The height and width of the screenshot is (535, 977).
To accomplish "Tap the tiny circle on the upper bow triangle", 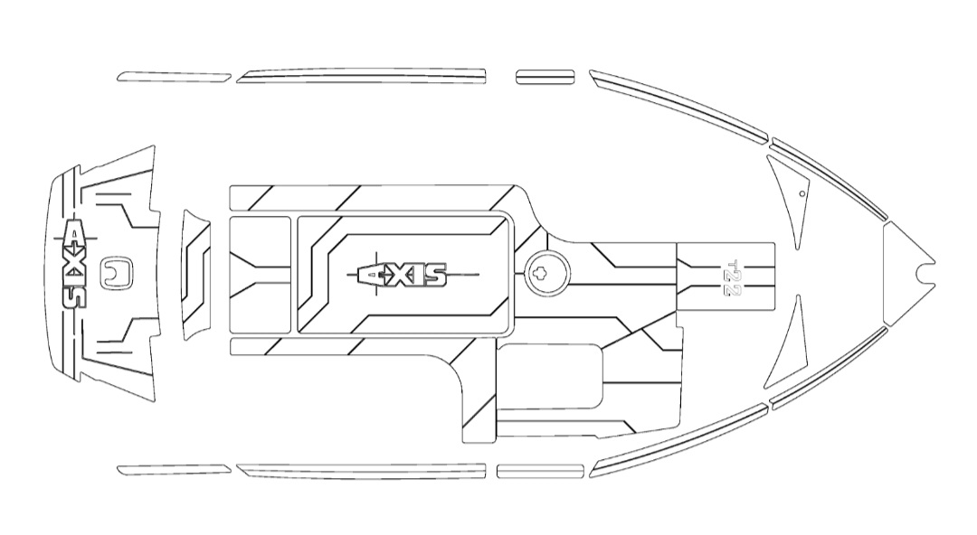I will pyautogui.click(x=802, y=193).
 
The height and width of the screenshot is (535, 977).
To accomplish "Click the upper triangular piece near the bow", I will pyautogui.click(x=789, y=194).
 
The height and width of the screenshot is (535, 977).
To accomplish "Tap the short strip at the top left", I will pyautogui.click(x=174, y=77).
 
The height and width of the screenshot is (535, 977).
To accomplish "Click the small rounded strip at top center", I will pyautogui.click(x=545, y=77).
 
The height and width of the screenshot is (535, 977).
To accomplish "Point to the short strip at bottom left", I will pyautogui.click(x=174, y=469).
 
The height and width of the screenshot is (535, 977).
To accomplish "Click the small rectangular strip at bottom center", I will pyautogui.click(x=539, y=471).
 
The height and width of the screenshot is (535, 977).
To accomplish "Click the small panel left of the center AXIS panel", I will pyautogui.click(x=261, y=274).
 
